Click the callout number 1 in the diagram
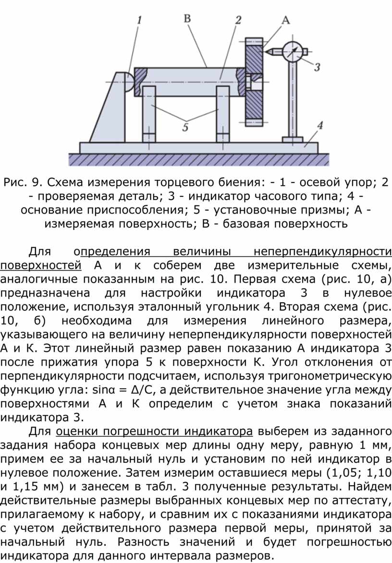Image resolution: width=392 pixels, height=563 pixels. [139, 20]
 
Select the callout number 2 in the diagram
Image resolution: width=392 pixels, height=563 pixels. [238, 20]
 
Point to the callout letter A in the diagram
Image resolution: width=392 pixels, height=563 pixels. [285, 20]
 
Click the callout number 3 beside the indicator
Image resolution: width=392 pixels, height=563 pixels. [317, 67]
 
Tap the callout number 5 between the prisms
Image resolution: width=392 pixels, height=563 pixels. [185, 127]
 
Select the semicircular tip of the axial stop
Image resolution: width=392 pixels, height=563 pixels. [129, 82]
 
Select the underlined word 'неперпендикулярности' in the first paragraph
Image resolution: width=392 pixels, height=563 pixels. [322, 252]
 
